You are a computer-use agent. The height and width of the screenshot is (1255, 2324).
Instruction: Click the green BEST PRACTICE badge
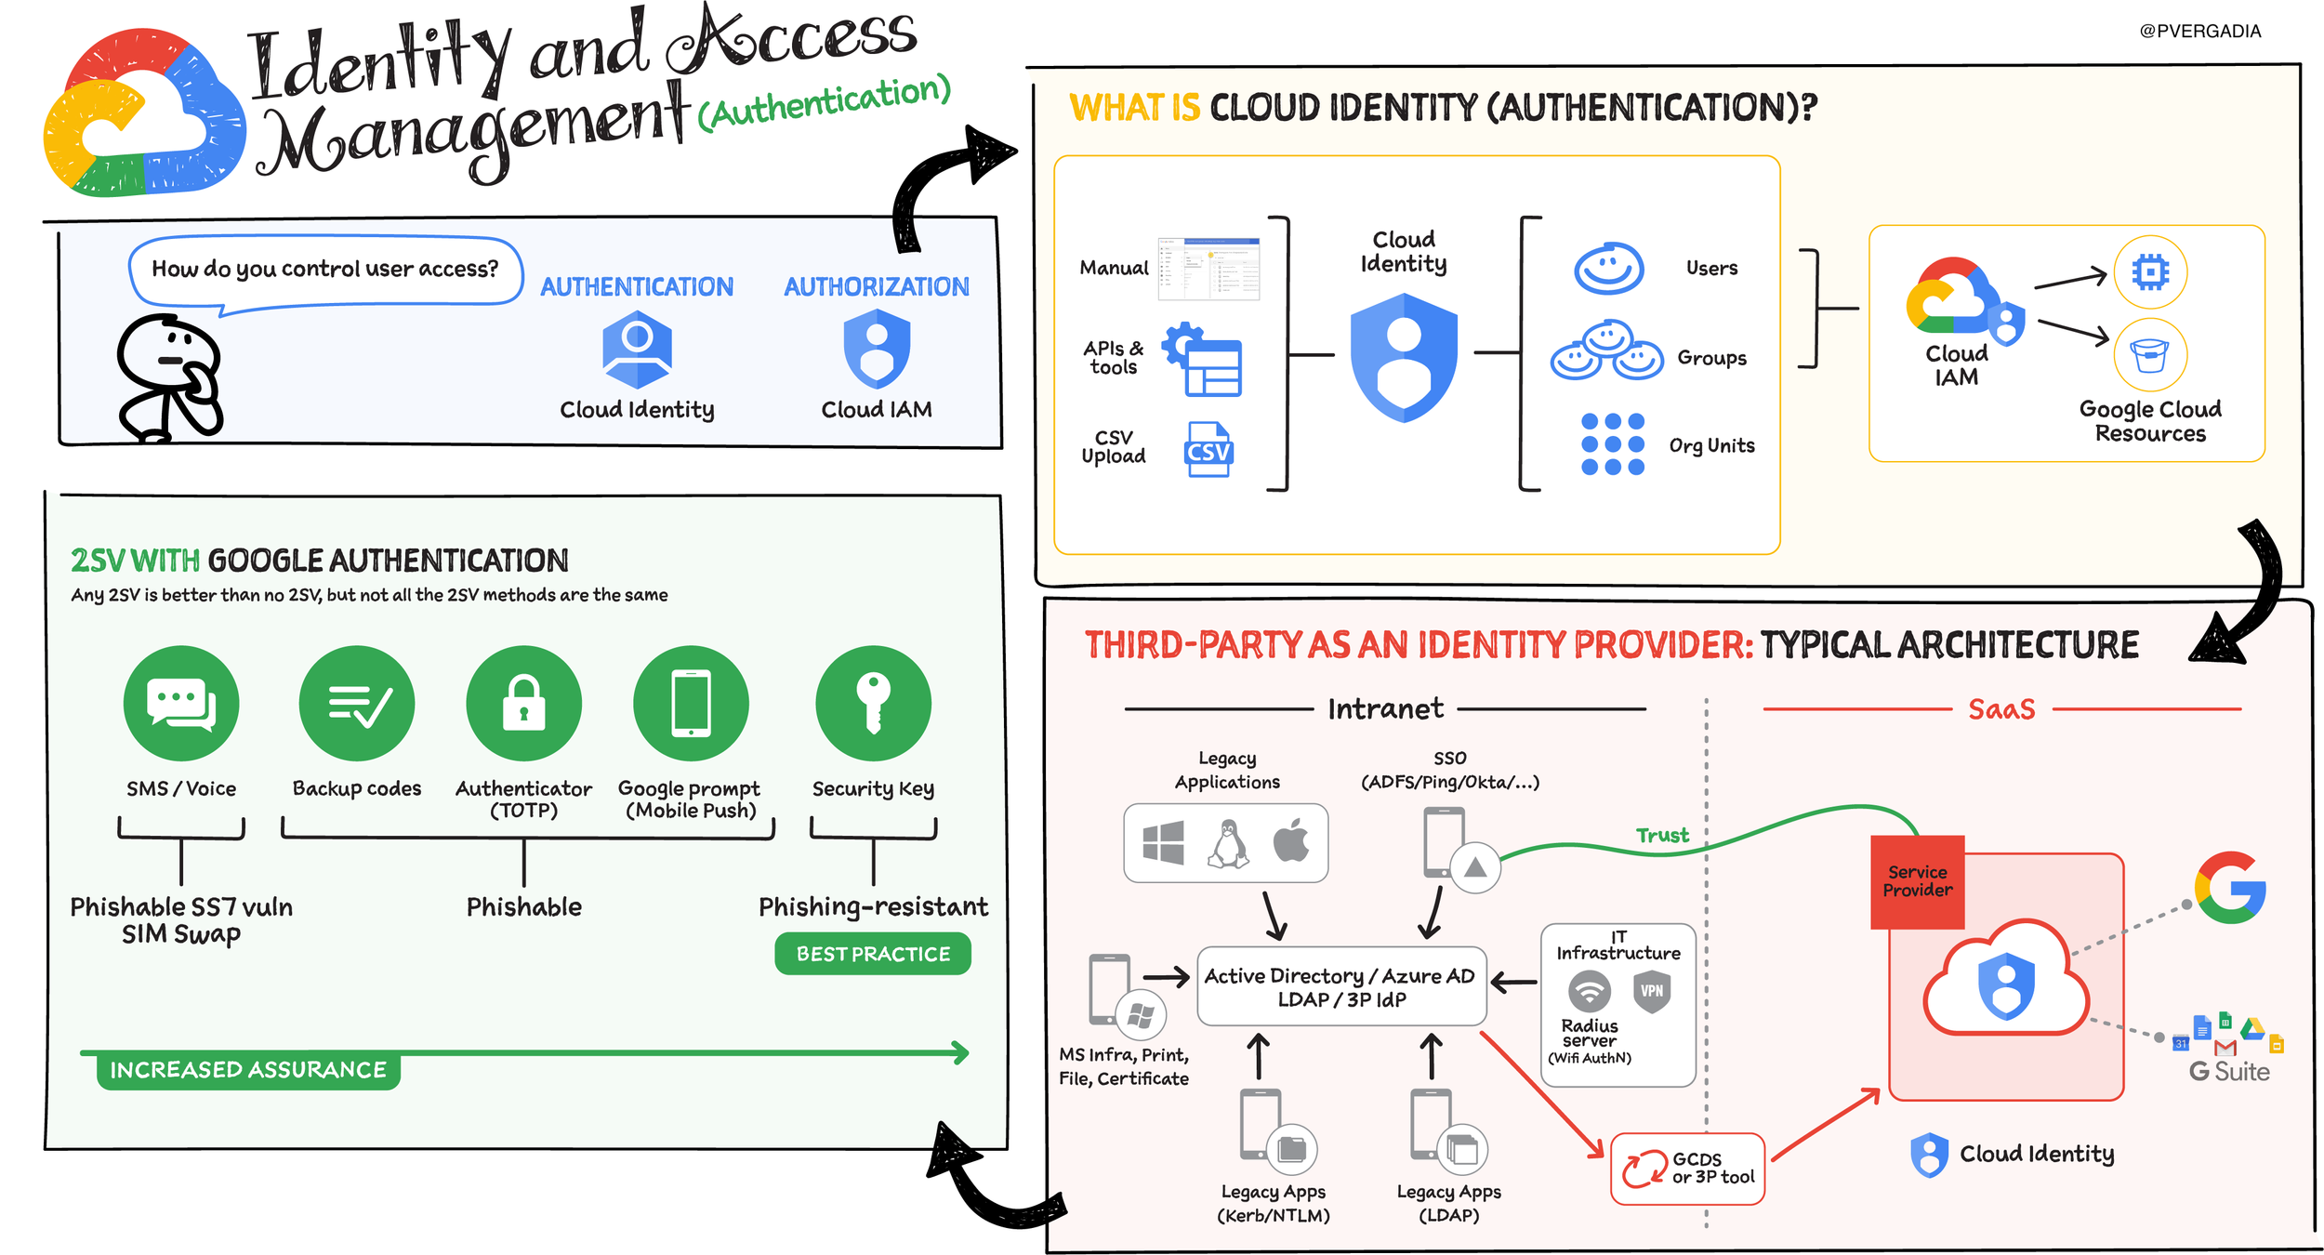tap(872, 954)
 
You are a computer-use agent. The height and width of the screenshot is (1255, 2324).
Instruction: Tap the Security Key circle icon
tap(873, 703)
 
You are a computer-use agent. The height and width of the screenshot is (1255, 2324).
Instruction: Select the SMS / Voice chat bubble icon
tap(181, 703)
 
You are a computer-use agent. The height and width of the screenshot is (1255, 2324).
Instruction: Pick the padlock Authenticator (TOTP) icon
tap(523, 703)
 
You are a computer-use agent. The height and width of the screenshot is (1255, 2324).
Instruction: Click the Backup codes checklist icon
tap(357, 703)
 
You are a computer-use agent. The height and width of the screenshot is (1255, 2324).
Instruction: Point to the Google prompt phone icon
tap(691, 703)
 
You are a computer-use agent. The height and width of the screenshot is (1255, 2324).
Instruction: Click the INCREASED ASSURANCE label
tap(248, 1070)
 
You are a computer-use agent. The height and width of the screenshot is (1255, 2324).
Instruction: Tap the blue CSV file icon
tap(1208, 449)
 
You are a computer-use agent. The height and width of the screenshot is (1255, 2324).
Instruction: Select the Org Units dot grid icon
tap(1613, 444)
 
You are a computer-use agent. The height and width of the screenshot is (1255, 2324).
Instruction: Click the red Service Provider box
tap(1917, 881)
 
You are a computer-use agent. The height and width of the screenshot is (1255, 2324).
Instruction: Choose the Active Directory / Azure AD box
tap(1341, 986)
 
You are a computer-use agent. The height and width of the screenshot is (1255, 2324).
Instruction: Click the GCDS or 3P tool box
tap(1687, 1169)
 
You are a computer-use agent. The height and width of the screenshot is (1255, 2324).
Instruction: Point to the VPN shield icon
tap(1652, 991)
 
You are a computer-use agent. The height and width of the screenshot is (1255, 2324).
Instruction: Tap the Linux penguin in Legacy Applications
tap(1228, 843)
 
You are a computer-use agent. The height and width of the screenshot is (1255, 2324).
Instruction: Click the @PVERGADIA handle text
tap(2199, 31)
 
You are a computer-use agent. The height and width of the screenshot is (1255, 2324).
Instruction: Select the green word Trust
tap(1662, 835)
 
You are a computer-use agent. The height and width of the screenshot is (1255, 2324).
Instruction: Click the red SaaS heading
tap(2001, 709)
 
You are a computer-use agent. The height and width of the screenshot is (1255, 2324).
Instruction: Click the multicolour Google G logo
tap(2230, 887)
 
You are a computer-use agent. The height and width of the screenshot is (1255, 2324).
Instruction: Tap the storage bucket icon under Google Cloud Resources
tap(2150, 354)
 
